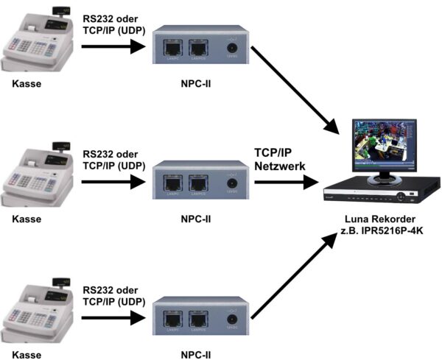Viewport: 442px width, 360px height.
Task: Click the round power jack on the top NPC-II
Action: tap(233, 49)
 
